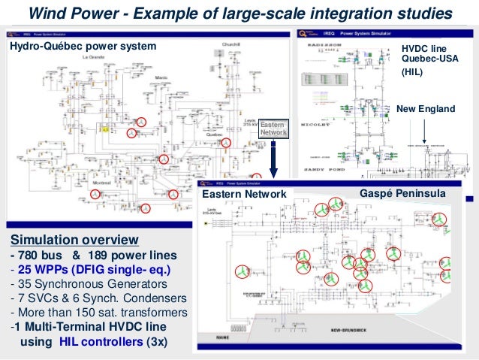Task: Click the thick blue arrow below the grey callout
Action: tap(275, 161)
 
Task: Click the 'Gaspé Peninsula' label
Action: tap(403, 194)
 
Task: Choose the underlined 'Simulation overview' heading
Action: tap(74, 240)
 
